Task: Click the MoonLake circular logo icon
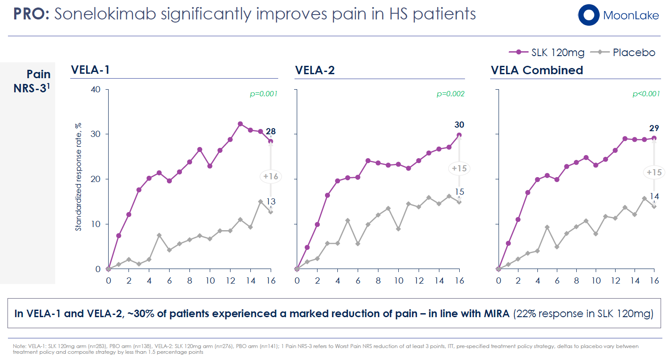[x=589, y=15]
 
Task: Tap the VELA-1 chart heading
[x=91, y=70]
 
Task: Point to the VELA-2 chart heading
[x=315, y=70]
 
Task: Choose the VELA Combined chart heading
[x=537, y=70]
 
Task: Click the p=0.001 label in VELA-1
[x=264, y=94]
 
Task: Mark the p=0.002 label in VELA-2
[x=450, y=94]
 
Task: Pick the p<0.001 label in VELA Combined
[x=646, y=94]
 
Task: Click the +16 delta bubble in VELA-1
[x=271, y=177]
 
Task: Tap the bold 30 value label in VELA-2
[x=459, y=125]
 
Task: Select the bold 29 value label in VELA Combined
[x=654, y=128]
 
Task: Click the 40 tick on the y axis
[x=96, y=90]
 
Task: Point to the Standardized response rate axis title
[x=79, y=177]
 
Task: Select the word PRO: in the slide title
[x=31, y=14]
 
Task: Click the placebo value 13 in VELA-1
[x=271, y=201]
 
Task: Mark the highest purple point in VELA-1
[x=240, y=124]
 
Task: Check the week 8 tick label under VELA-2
[x=378, y=280]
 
